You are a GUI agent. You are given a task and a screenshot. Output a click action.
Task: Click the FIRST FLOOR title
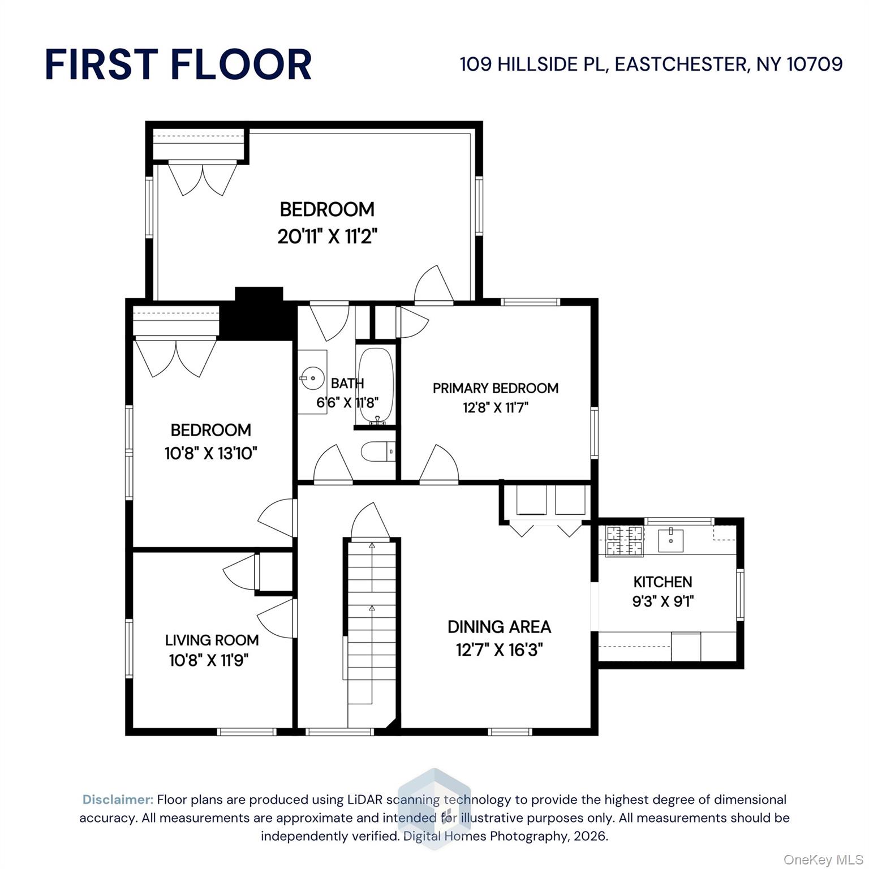click(178, 64)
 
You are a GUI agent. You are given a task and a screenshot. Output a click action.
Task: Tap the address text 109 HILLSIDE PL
click(532, 64)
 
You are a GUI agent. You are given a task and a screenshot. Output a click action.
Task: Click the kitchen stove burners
click(625, 540)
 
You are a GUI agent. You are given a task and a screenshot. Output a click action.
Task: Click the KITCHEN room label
click(662, 582)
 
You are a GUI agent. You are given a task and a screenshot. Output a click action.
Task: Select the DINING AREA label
click(499, 627)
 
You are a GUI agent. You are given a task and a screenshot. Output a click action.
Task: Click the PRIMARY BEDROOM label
click(496, 388)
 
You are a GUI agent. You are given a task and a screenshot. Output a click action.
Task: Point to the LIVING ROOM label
click(212, 640)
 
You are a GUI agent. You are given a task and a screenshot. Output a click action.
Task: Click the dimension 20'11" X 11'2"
click(327, 236)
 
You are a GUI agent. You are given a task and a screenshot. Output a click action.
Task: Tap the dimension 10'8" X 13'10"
click(211, 453)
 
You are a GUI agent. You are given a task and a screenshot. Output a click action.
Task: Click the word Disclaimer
click(118, 799)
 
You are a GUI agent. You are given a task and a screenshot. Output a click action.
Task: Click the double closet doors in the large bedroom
click(202, 178)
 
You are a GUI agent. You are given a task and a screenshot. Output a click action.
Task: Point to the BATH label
click(347, 383)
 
